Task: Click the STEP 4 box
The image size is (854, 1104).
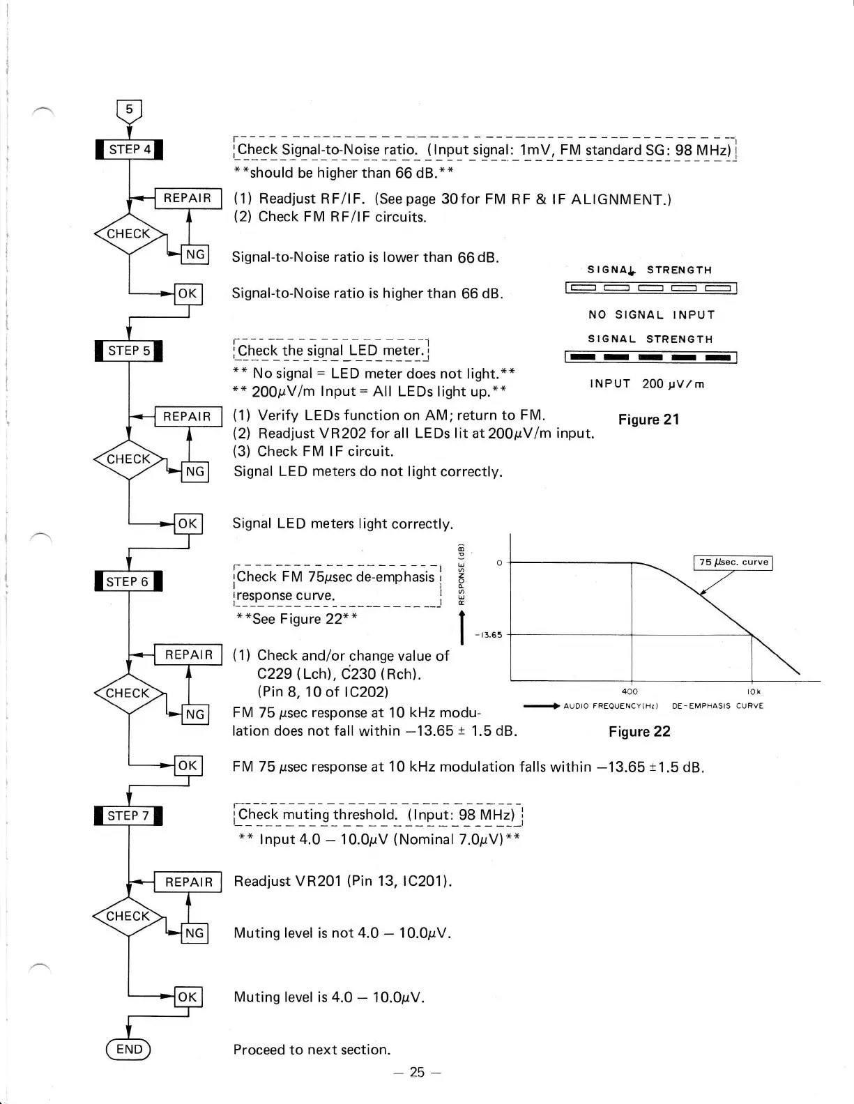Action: (129, 150)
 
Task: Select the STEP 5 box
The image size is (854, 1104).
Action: (129, 351)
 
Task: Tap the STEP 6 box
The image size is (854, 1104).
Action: (128, 581)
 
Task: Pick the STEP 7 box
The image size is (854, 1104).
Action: (128, 815)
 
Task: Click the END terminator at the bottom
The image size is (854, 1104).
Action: (128, 1050)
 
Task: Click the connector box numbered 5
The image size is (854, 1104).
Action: (129, 110)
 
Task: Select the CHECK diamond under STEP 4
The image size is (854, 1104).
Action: (129, 234)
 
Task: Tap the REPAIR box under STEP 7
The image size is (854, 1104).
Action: (188, 882)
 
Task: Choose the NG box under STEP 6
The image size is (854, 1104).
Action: (195, 714)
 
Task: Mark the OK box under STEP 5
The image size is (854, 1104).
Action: (188, 524)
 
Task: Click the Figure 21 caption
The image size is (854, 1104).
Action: (648, 420)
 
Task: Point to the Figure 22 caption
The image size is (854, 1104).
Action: (639, 731)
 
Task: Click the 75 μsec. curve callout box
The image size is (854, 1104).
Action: (733, 562)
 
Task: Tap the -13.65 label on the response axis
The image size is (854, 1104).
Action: (488, 635)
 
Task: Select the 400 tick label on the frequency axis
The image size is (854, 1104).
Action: (630, 692)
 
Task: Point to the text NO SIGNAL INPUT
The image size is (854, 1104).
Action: (652, 315)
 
